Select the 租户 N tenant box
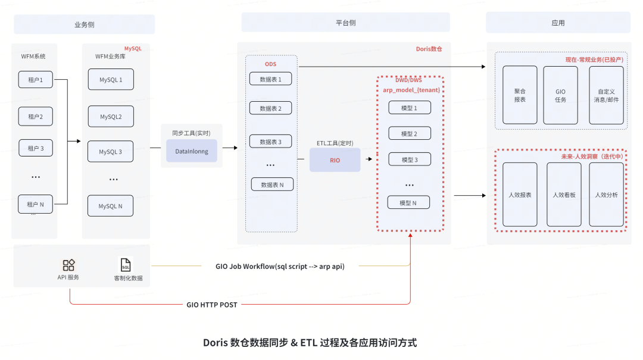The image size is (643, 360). [36, 204]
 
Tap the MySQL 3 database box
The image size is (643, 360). [111, 152]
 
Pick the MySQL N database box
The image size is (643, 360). [111, 206]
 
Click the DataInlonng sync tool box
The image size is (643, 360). [192, 152]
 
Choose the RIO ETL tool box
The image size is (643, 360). [335, 160]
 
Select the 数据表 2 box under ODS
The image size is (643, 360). [271, 108]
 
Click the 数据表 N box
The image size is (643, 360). [272, 185]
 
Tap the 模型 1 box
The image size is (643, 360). [408, 108]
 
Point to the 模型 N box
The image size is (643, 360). [408, 203]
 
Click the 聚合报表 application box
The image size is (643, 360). [520, 95]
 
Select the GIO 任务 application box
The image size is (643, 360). [560, 95]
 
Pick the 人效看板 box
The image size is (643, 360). [563, 195]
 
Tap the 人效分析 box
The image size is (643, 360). [606, 195]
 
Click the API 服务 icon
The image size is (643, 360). [69, 265]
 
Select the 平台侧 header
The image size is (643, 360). [345, 23]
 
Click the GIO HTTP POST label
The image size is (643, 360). [212, 305]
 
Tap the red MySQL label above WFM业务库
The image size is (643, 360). [133, 48]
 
